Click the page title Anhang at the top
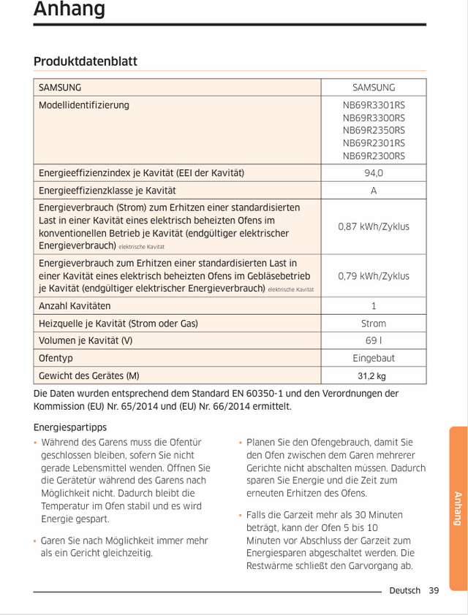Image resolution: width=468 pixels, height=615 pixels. pos(69,9)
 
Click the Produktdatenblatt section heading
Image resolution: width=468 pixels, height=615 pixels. pos(86,61)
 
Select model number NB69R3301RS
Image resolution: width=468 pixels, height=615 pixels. pos(374,105)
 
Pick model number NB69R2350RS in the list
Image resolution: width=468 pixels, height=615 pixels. pos(374,131)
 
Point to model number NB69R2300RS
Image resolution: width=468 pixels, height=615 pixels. pos(374,156)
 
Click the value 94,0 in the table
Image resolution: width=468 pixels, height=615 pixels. pos(374,173)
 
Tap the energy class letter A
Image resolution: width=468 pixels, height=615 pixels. pos(374,191)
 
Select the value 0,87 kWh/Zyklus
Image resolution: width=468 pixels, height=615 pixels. pos(374,226)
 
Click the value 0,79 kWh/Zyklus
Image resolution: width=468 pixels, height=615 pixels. pos(374,276)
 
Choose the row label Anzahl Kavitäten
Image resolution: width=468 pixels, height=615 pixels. pos(75,306)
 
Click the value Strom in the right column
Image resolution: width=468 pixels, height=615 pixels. pos(374,324)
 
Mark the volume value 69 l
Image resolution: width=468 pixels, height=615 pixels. pos(374,341)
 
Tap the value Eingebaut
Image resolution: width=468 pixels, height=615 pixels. pos(374,359)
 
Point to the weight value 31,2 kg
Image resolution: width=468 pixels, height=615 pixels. pos(371,376)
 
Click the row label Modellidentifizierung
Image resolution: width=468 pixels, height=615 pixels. pos(84,105)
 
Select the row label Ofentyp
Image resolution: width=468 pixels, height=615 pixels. pos(56,359)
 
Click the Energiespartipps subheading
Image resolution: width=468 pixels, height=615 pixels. pos(70,427)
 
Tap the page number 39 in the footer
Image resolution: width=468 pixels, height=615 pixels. pos(434,590)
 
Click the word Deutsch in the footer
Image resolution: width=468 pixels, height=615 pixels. pos(405,590)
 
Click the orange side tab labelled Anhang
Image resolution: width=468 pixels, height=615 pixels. pos(458,508)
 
